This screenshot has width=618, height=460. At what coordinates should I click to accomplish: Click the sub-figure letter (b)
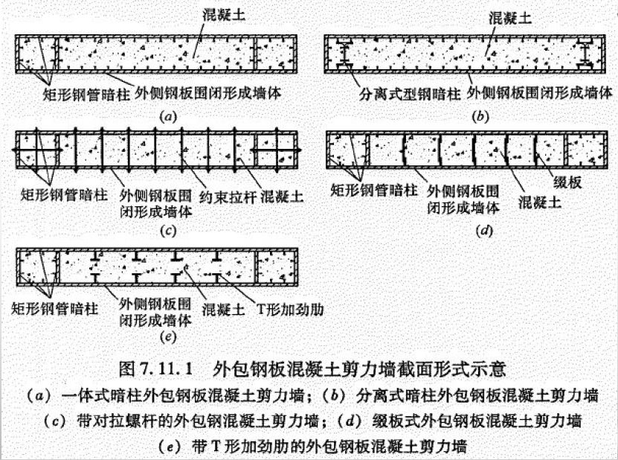(480, 116)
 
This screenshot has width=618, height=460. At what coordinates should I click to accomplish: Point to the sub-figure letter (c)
(168, 231)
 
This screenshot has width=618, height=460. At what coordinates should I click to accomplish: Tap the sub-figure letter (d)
(483, 231)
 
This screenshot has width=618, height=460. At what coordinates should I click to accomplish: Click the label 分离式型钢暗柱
(410, 94)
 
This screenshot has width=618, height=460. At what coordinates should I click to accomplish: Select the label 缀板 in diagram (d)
(567, 182)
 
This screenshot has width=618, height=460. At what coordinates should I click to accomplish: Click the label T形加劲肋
(290, 309)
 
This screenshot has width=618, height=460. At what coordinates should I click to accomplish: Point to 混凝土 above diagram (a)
(224, 15)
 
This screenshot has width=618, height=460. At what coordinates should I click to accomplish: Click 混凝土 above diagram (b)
(510, 18)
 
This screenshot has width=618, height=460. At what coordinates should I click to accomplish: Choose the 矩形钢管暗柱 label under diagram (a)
(86, 95)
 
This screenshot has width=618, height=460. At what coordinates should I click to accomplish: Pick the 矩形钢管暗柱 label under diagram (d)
(373, 190)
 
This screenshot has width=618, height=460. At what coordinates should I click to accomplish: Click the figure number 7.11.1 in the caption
(167, 369)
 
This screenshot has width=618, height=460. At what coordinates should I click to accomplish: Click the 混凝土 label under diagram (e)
(223, 309)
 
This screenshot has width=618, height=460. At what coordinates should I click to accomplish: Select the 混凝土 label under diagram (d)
(540, 202)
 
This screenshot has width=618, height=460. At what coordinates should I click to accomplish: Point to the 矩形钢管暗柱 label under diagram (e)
(55, 308)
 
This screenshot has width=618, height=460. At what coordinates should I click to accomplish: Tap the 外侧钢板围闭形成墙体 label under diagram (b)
(540, 93)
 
